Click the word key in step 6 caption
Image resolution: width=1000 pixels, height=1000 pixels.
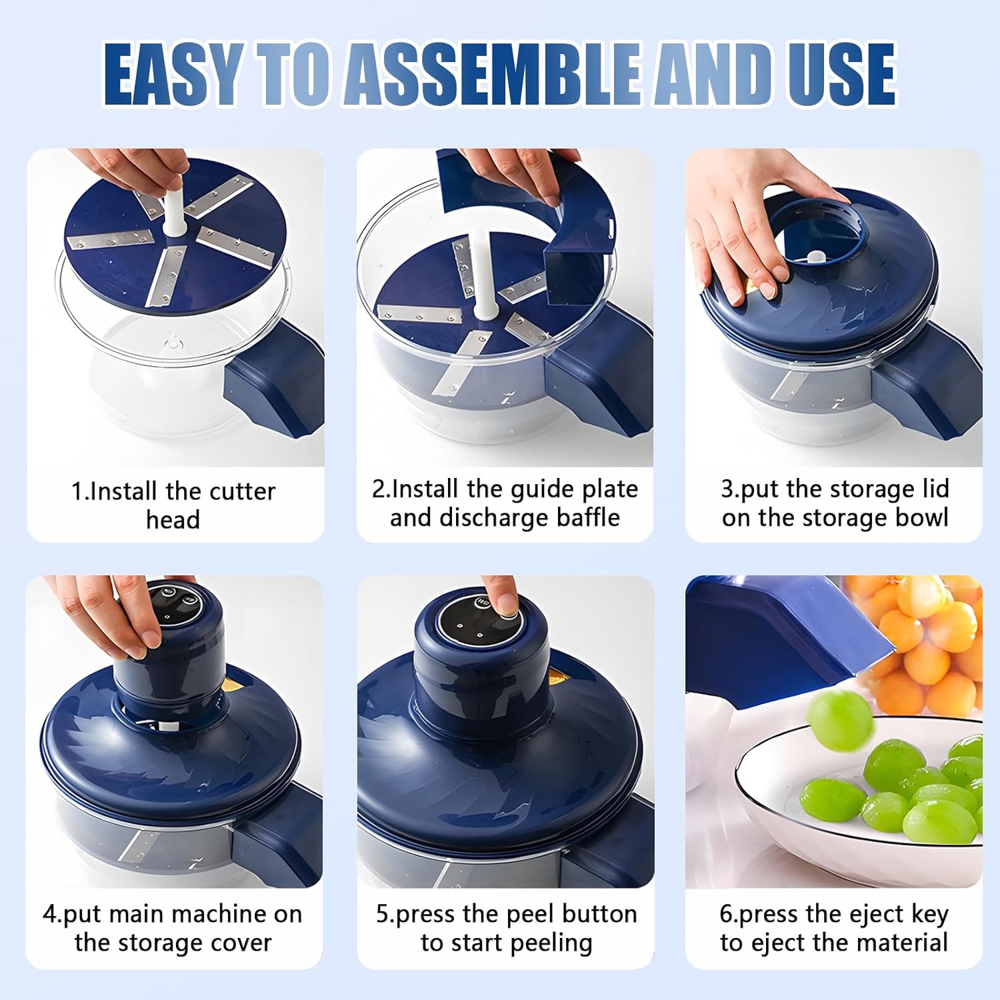[x=929, y=915]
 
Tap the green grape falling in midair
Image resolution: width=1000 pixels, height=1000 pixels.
[x=841, y=721]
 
